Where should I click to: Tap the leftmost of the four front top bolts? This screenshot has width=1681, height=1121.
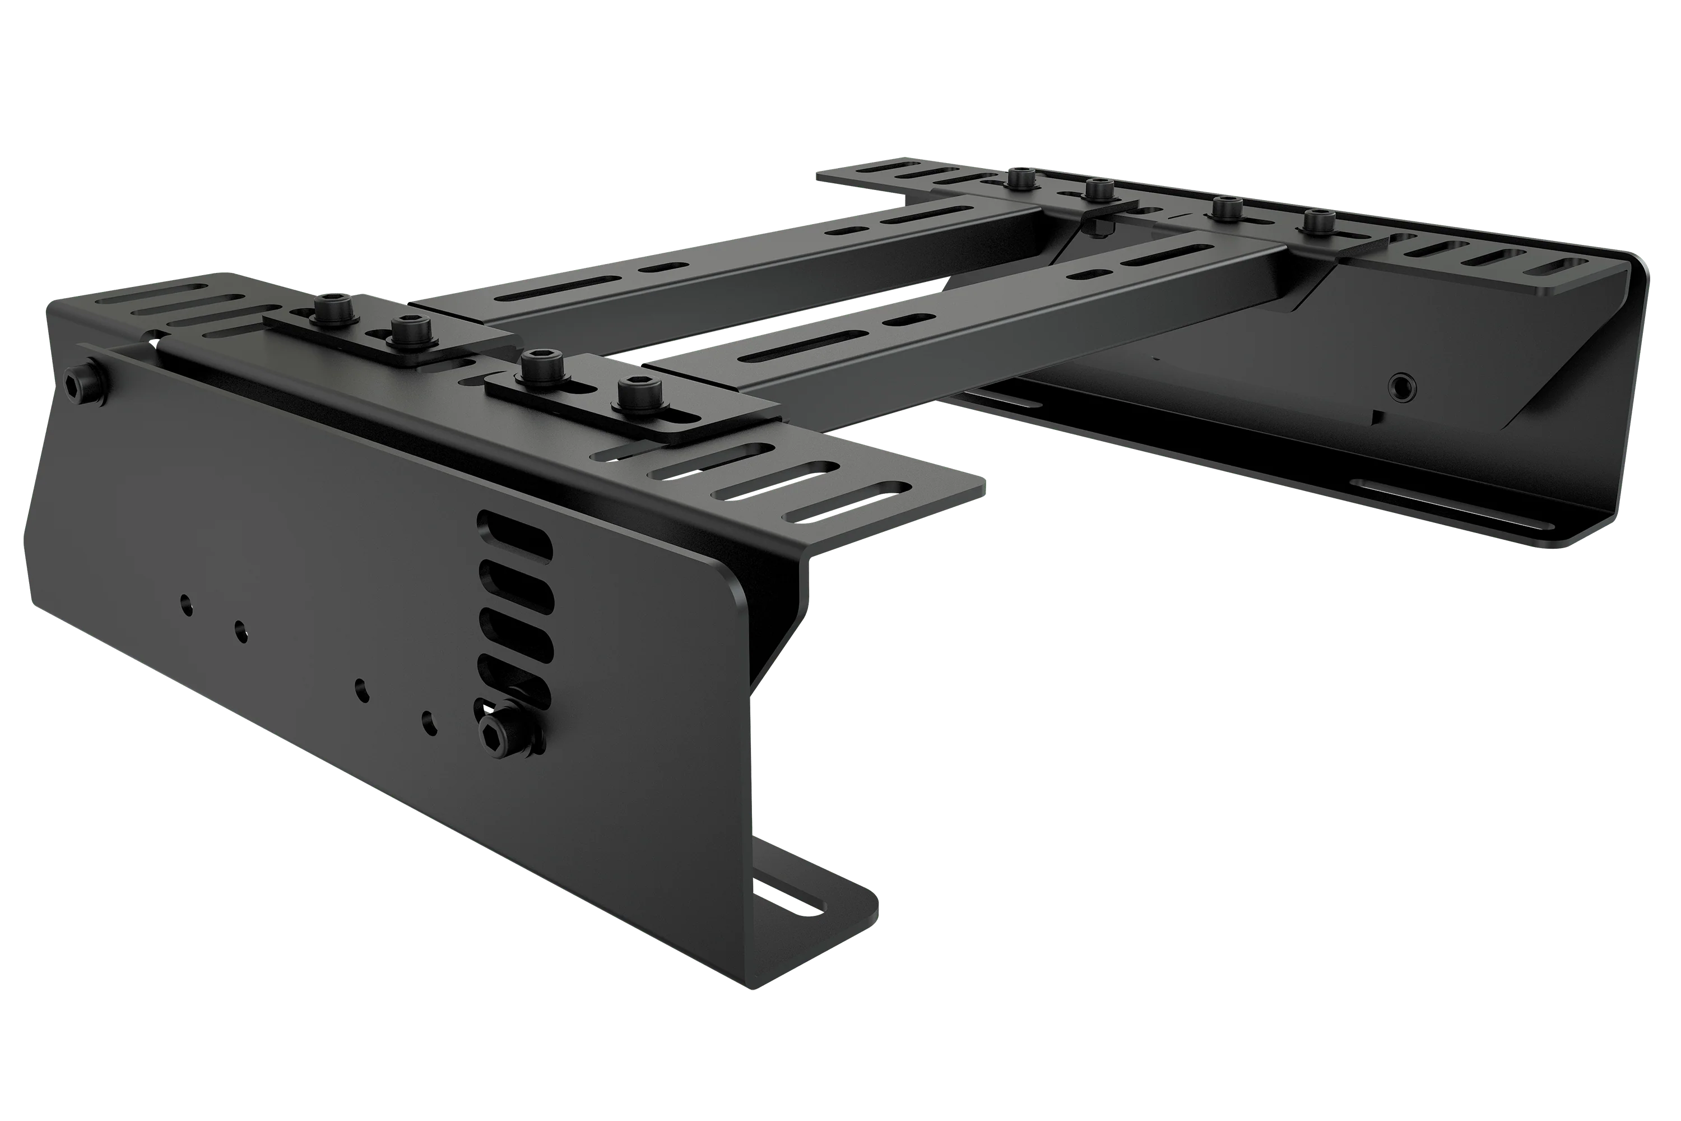pos(332,309)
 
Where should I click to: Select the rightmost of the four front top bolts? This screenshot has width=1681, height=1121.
pos(632,394)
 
